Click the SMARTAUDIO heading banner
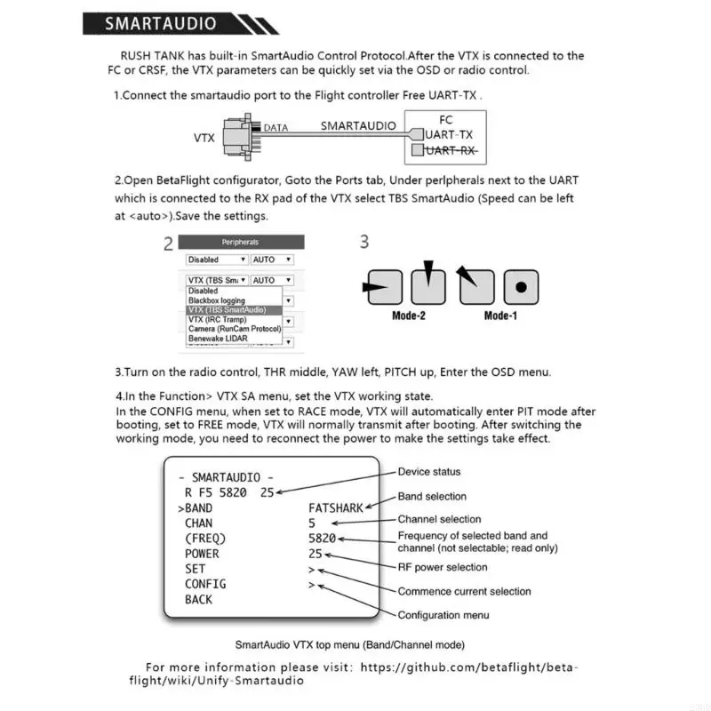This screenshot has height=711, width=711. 169,24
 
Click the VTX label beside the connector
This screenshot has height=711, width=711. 204,139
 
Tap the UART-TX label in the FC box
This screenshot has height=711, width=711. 448,134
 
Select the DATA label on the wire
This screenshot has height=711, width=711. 276,128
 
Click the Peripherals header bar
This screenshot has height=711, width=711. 241,242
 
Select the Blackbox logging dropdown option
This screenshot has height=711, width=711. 216,300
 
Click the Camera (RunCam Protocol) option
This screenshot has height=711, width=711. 235,329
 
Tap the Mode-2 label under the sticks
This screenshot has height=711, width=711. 409,316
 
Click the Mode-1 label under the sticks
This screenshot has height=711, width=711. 500,316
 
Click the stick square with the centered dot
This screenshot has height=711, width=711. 522,287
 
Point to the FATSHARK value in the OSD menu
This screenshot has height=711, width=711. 336,508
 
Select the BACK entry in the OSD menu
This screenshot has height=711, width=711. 199,599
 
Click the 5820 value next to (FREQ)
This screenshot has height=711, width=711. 322,539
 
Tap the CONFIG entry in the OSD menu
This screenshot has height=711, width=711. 205,584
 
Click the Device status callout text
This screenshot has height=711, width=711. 429,472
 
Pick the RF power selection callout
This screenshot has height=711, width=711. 443,567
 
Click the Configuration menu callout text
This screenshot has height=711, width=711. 443,615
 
